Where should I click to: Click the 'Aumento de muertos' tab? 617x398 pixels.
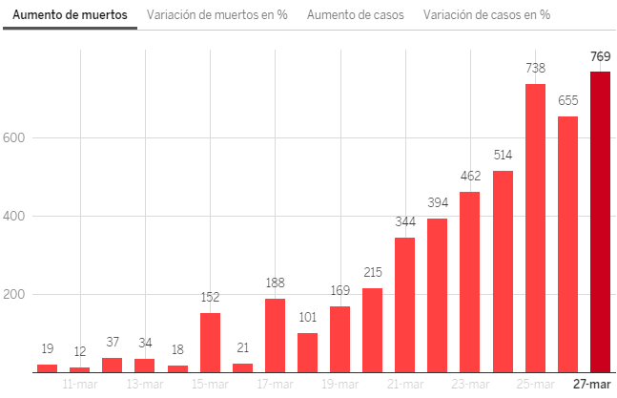pyautogui.click(x=70, y=15)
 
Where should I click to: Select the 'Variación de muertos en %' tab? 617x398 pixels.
pyautogui.click(x=217, y=15)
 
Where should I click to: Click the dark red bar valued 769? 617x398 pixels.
pyautogui.click(x=600, y=221)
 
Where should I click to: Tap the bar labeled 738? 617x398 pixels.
pyautogui.click(x=535, y=227)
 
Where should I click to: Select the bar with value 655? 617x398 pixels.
pyautogui.click(x=567, y=243)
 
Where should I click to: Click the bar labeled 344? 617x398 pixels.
pyautogui.click(x=404, y=304)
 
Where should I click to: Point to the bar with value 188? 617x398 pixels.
pyautogui.click(x=275, y=335)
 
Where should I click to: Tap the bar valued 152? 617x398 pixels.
pyautogui.click(x=210, y=342)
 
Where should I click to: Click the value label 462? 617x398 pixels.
pyautogui.click(x=470, y=176)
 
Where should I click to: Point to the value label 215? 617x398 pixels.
pyautogui.click(x=372, y=272)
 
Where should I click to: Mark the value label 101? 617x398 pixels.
pyautogui.click(x=307, y=317)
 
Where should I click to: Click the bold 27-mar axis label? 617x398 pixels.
pyautogui.click(x=591, y=384)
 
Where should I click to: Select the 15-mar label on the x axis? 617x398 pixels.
pyautogui.click(x=210, y=384)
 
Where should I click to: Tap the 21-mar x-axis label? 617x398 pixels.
pyautogui.click(x=405, y=384)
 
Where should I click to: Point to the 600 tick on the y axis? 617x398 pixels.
pyautogui.click(x=15, y=137)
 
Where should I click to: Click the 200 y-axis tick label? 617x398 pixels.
pyautogui.click(x=15, y=294)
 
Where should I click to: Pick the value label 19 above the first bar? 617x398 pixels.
pyautogui.click(x=47, y=348)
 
